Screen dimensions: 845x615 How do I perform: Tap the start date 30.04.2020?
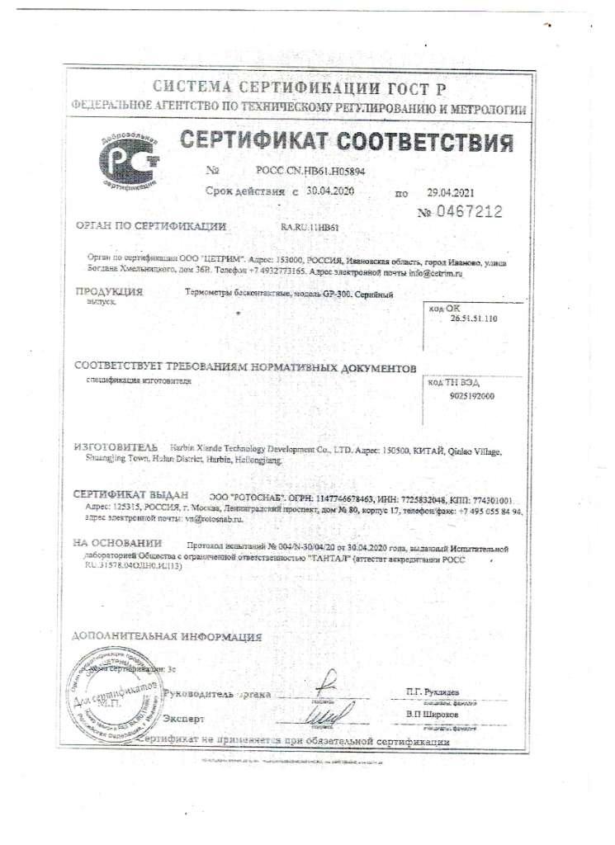click(x=328, y=191)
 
